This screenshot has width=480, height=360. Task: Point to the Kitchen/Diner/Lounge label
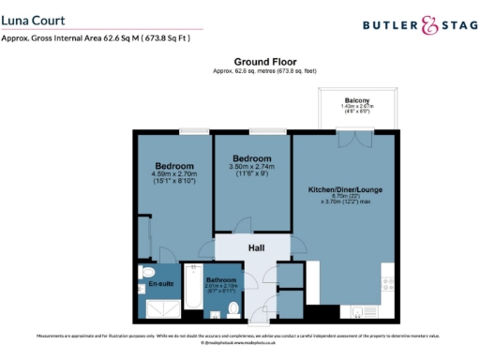click(346, 190)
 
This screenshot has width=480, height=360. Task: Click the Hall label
click(255, 247)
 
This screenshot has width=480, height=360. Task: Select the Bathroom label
click(221, 280)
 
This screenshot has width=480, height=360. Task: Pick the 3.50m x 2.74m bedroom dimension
click(250, 166)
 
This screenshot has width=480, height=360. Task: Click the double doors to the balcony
click(348, 135)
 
